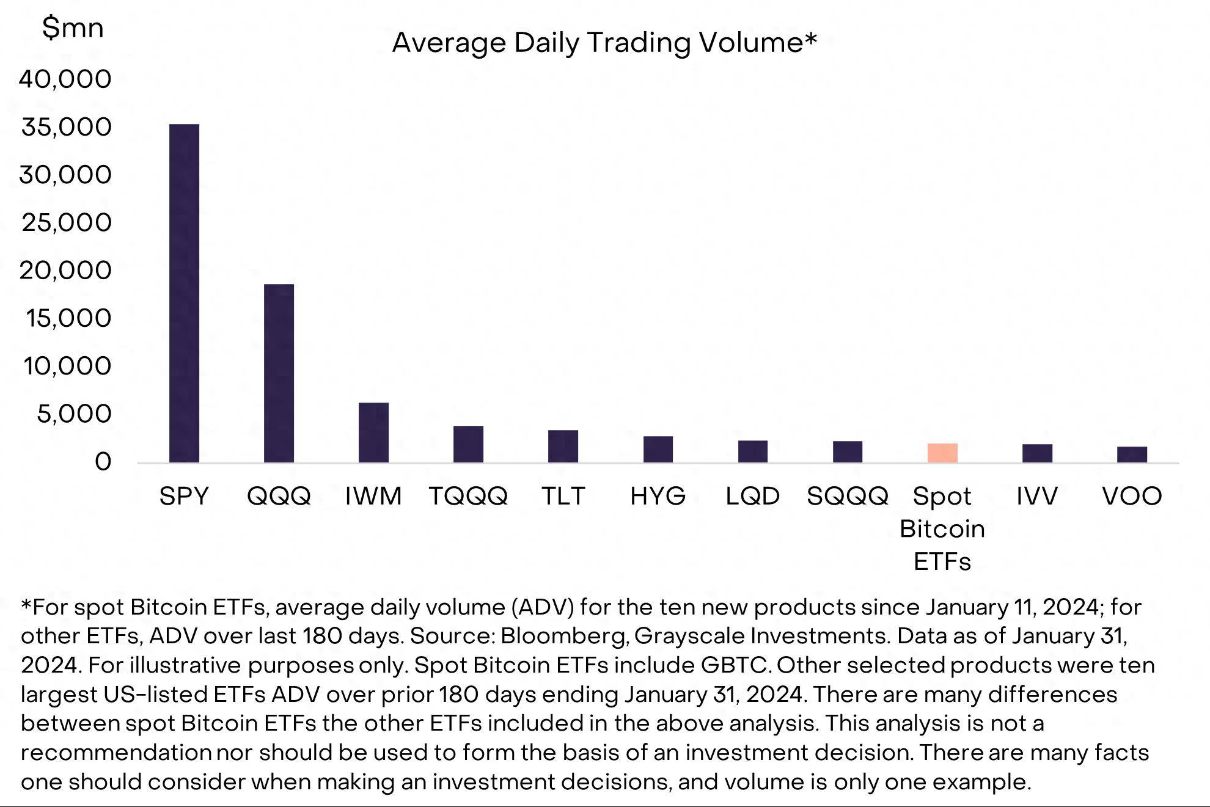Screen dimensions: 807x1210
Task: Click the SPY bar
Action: (184, 293)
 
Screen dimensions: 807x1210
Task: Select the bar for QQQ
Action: (279, 373)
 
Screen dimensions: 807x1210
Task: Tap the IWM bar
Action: (373, 433)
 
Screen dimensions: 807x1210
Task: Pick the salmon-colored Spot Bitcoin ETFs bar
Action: (942, 453)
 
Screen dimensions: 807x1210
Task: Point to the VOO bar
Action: (1132, 455)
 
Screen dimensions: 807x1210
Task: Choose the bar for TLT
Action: (563, 446)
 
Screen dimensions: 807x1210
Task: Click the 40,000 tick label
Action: (65, 79)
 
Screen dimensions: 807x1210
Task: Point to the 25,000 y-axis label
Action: (67, 222)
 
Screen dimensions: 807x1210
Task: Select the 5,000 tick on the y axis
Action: (74, 414)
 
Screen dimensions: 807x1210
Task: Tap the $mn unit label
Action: (73, 28)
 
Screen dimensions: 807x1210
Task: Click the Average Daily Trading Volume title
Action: (604, 43)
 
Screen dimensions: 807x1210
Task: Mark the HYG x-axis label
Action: (658, 496)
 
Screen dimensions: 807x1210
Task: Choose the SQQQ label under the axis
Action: (847, 496)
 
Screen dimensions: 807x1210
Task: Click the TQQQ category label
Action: (468, 496)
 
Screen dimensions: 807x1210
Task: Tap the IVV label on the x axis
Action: (1037, 496)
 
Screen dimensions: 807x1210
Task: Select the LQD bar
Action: (752, 451)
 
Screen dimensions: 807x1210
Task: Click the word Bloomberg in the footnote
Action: (564, 636)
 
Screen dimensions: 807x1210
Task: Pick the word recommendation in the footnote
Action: (116, 753)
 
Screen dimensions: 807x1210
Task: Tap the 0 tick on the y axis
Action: (103, 462)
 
